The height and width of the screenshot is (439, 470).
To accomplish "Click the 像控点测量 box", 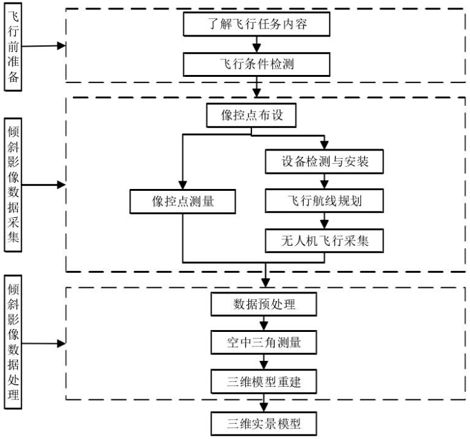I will pos(183,202).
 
